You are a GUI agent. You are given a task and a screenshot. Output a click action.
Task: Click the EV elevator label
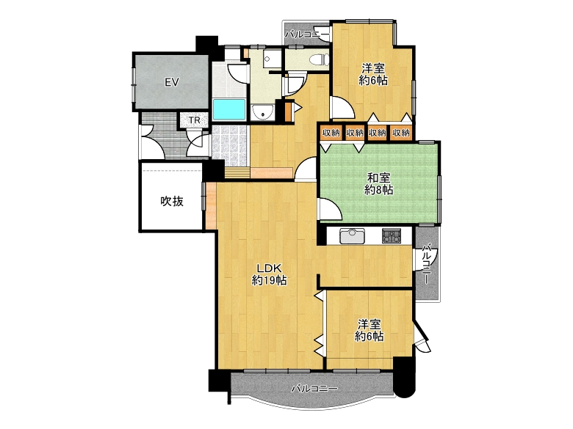tap(171, 82)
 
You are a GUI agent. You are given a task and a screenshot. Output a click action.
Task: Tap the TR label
tap(194, 120)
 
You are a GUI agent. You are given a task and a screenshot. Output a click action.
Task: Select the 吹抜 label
tap(172, 201)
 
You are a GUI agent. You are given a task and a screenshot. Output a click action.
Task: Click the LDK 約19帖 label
tap(269, 274)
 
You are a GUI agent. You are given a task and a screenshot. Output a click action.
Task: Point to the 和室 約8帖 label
tap(379, 184)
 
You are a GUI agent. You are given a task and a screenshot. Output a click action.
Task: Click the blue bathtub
tap(229, 109)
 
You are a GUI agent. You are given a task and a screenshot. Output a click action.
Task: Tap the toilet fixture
tap(319, 59)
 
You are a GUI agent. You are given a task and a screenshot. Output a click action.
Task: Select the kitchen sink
tap(352, 236)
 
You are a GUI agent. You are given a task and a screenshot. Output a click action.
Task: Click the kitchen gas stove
tap(392, 236)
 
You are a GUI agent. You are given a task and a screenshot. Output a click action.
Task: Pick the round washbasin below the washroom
tap(263, 111)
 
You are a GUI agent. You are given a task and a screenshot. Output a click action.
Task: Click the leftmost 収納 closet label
tap(331, 133)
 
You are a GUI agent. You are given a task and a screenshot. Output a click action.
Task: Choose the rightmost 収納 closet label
tap(401, 133)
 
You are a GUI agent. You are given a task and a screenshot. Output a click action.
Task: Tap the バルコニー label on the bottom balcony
tap(314, 389)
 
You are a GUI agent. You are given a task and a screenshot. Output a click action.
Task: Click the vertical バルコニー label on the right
tap(426, 264)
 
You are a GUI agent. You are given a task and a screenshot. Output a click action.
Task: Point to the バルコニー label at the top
tap(307, 35)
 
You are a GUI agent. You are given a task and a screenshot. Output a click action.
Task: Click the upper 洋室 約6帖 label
tap(373, 74)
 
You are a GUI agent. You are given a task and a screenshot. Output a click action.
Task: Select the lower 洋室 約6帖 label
tap(369, 330)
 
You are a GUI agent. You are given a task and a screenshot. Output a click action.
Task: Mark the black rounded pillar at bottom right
tap(405, 378)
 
